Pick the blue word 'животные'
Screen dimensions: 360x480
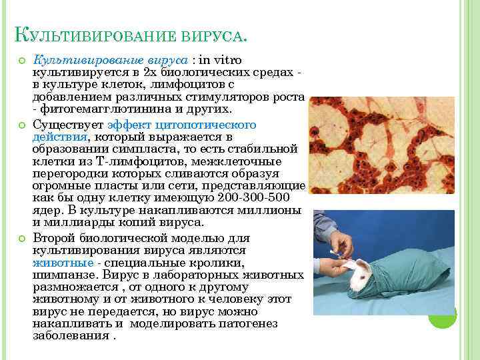63,263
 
